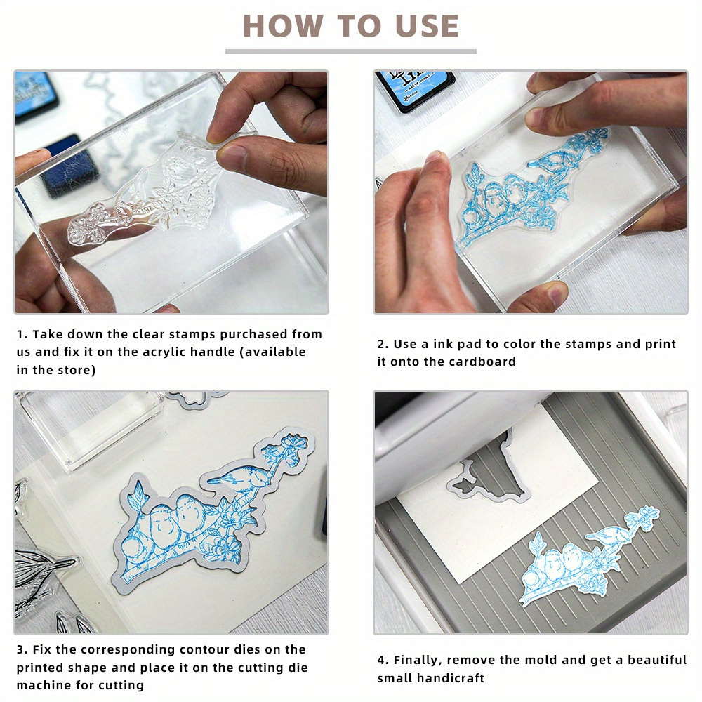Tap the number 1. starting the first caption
coord(22,334)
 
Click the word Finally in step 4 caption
coord(418,661)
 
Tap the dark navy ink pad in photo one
coord(69,165)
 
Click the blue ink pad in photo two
coord(415,91)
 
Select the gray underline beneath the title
coord(350,51)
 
